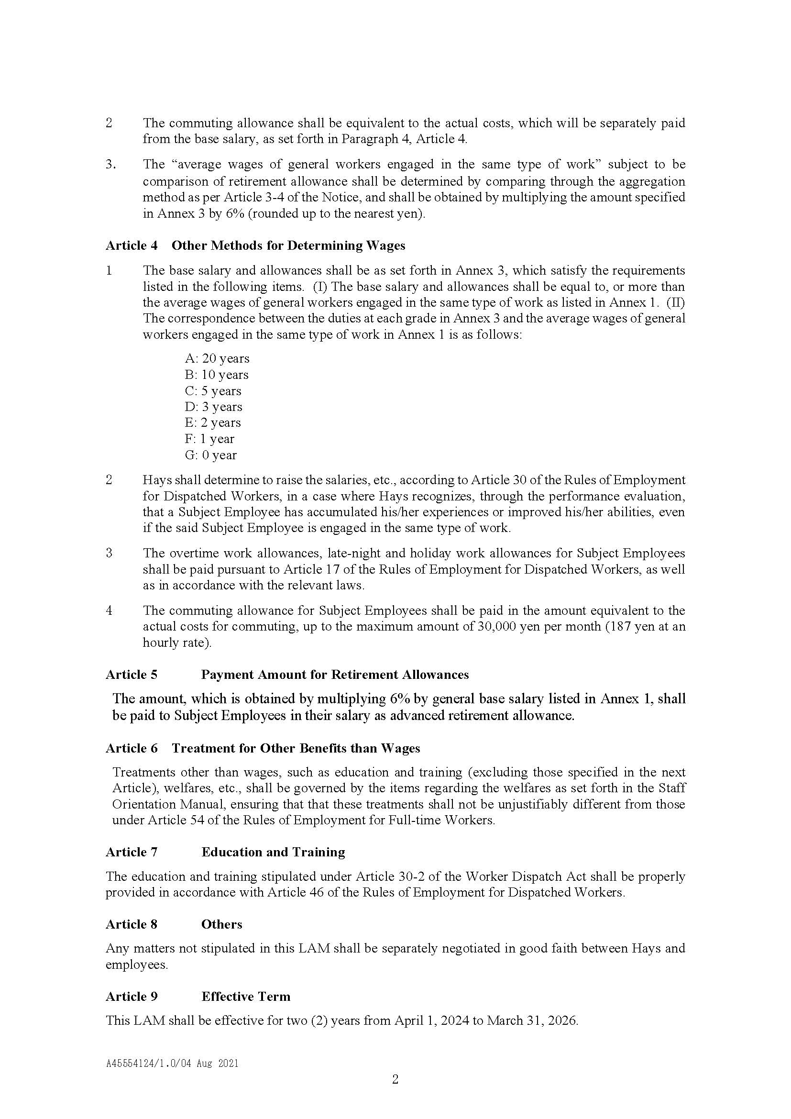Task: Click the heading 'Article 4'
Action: coord(132,245)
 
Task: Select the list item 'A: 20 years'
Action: coord(217,358)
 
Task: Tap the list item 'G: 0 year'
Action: coord(210,454)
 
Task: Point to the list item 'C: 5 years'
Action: coord(213,391)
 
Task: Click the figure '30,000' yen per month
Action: coord(501,626)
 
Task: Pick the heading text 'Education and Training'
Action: coord(273,852)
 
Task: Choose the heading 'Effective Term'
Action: coord(245,996)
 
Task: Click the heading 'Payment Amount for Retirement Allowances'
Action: coord(335,674)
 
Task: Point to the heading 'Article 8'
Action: coord(132,924)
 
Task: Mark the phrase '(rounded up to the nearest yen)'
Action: coord(336,213)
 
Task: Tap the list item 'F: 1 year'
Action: coord(209,439)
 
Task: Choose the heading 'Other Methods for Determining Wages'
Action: coord(288,245)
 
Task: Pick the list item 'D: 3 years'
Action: coord(213,407)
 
